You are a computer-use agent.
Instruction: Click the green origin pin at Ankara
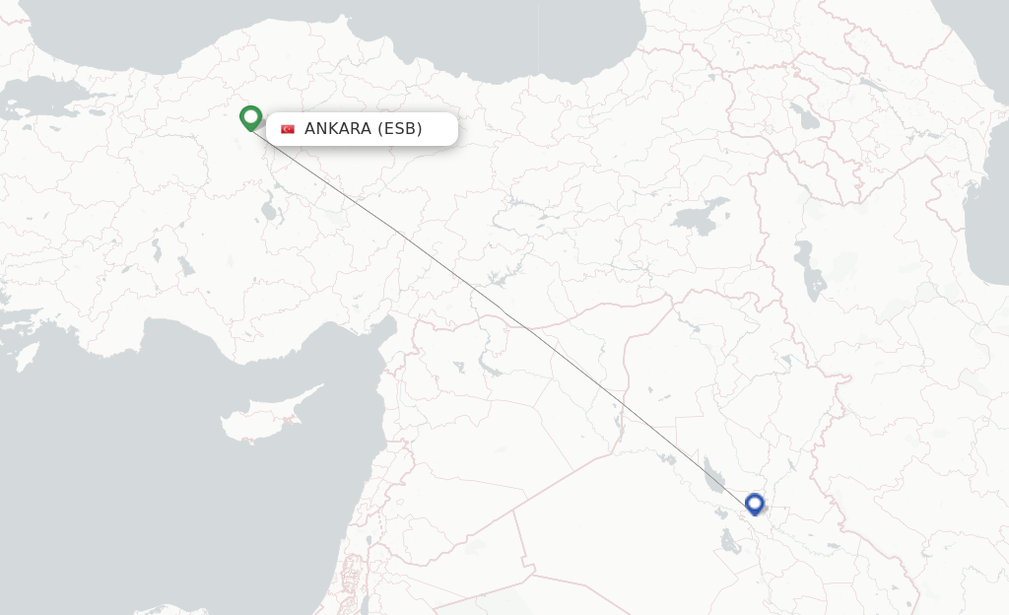click(251, 117)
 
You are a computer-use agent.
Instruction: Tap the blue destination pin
click(755, 504)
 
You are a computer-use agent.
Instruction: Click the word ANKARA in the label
click(338, 129)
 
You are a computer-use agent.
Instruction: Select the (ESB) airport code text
click(400, 129)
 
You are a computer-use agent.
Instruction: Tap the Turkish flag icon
click(288, 129)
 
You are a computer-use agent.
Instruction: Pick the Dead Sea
click(364, 602)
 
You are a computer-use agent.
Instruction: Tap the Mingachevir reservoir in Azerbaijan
click(871, 86)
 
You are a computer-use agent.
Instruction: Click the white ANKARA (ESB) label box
click(362, 129)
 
